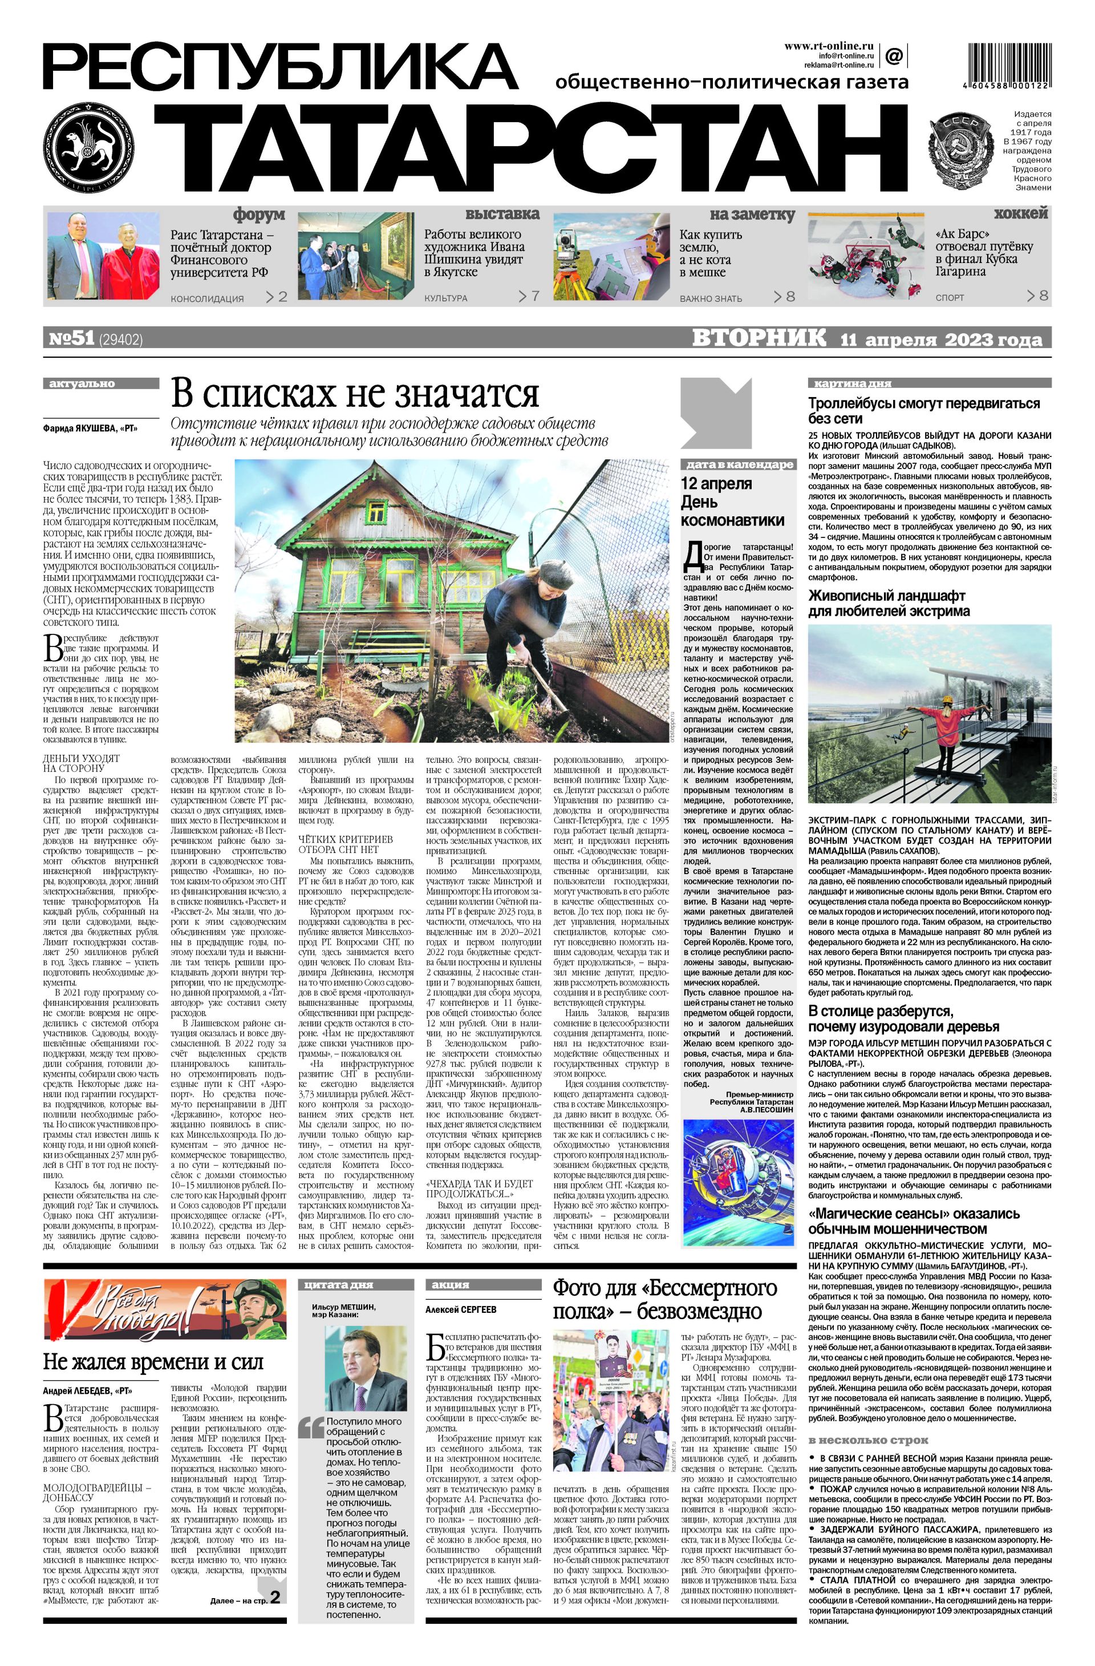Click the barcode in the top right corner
pyautogui.click(x=1008, y=65)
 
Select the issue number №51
pyautogui.click(x=71, y=339)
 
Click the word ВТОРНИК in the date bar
pyautogui.click(x=759, y=338)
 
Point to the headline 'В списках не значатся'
pyautogui.click(x=355, y=394)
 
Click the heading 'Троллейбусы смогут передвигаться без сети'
pyautogui.click(x=923, y=411)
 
